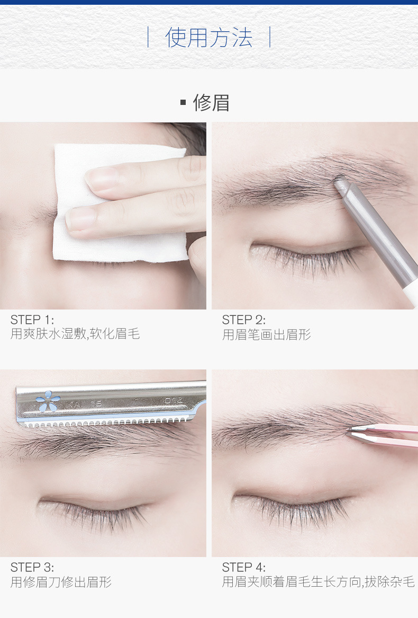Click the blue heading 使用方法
[x=208, y=38]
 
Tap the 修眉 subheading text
[x=211, y=103]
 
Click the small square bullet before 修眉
[x=183, y=102]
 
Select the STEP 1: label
[x=32, y=320]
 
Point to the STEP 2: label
[x=243, y=320]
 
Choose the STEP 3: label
[x=32, y=567]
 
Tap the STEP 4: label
[x=243, y=567]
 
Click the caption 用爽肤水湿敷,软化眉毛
[x=75, y=334]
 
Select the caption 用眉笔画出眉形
[x=267, y=334]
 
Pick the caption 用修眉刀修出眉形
[x=61, y=582]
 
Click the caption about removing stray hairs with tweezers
[x=318, y=581]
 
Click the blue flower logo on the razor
[x=48, y=401]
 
